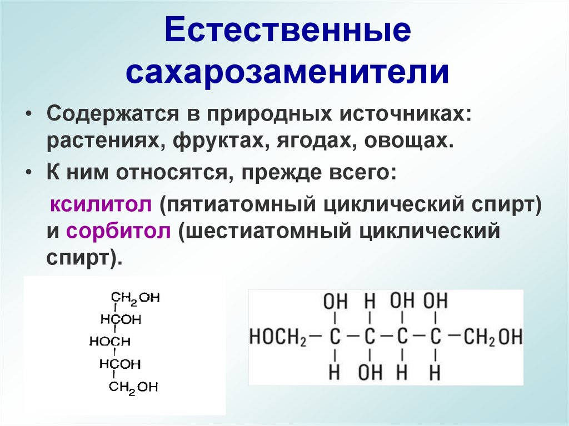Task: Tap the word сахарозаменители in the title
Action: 287,72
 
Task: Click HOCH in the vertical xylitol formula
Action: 110,342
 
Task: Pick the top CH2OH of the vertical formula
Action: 135,298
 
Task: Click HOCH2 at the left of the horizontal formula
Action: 277,337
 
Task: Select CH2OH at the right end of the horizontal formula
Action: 493,337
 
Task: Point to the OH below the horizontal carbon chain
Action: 370,372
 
